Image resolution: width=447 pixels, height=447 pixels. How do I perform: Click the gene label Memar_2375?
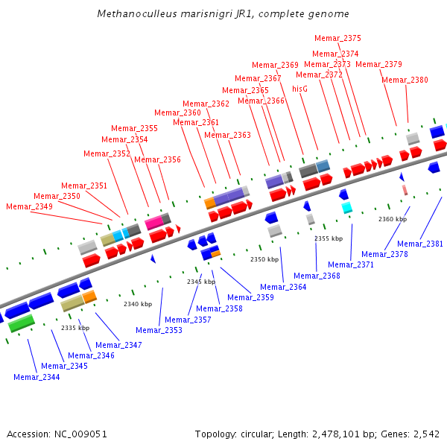(337, 38)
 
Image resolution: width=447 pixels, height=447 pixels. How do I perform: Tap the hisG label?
(300, 89)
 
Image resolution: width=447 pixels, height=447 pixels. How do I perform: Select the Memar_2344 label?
(37, 377)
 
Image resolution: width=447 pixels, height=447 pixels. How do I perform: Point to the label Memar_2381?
(420, 244)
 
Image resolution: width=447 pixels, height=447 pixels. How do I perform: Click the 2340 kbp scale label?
(138, 304)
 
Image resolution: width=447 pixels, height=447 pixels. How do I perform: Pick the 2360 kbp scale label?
(393, 219)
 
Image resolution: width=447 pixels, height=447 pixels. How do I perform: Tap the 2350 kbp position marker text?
(264, 259)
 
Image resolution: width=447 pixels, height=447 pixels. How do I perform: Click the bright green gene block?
(22, 323)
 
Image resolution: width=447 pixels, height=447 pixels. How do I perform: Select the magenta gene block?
(154, 222)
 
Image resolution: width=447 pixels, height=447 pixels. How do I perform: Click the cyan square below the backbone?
(347, 208)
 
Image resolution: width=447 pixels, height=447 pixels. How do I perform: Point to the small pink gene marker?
(405, 190)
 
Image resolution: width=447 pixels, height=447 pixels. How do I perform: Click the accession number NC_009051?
(80, 434)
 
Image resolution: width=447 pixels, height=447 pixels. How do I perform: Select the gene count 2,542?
(426, 434)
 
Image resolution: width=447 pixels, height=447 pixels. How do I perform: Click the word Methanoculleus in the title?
(137, 13)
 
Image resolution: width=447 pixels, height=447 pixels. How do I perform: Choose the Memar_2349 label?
(29, 206)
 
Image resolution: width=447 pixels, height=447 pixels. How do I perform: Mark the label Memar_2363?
(227, 135)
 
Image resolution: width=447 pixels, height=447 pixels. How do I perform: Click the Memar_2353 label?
(159, 330)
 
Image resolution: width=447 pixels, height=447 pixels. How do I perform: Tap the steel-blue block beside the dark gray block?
(323, 166)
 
